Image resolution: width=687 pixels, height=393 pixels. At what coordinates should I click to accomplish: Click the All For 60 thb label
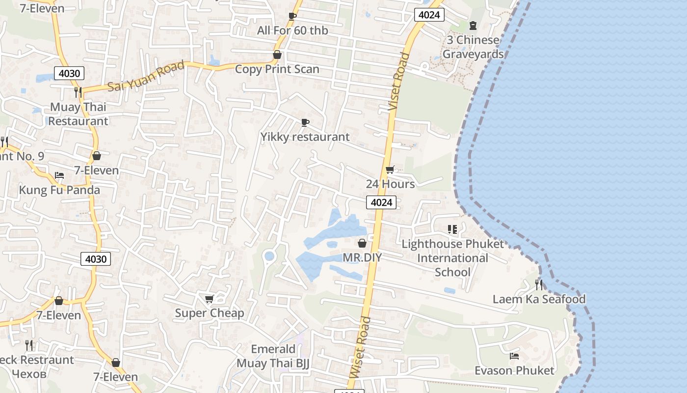(x=292, y=30)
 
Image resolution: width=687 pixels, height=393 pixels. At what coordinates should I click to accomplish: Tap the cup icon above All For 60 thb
(x=292, y=16)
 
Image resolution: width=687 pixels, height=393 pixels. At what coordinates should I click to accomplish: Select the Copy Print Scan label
(x=277, y=69)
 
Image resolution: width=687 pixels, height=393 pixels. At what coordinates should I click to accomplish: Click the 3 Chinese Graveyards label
(x=473, y=47)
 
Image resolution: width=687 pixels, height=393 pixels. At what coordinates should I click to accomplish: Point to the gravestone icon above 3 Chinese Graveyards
(x=473, y=25)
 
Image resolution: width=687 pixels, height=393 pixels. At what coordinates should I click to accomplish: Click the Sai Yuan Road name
(x=146, y=76)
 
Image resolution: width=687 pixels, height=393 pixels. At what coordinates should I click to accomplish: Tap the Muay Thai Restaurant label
(x=78, y=114)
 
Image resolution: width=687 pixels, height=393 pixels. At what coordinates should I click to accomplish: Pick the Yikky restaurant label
(x=305, y=137)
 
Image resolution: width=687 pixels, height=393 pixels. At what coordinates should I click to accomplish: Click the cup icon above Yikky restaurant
(x=305, y=122)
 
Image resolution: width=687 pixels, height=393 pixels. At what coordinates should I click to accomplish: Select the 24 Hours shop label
(x=390, y=184)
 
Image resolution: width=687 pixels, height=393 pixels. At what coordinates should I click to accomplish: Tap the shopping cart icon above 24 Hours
(x=390, y=170)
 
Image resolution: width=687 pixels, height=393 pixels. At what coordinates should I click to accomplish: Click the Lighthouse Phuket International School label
(x=452, y=258)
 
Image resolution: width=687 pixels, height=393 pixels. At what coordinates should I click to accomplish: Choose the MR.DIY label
(x=362, y=257)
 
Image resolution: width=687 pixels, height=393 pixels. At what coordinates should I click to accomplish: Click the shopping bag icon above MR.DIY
(x=362, y=243)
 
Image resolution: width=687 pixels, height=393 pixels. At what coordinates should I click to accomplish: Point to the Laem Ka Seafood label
(x=539, y=299)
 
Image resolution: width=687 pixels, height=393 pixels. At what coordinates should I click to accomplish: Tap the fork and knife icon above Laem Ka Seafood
(x=539, y=284)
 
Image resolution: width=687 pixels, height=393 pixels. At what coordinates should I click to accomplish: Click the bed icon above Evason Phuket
(x=514, y=356)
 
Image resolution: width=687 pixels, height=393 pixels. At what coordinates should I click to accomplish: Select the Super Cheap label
(x=210, y=313)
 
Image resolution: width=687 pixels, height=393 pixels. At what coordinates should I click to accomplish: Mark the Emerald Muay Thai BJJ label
(x=273, y=356)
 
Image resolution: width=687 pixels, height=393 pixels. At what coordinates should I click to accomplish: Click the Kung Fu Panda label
(x=59, y=190)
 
